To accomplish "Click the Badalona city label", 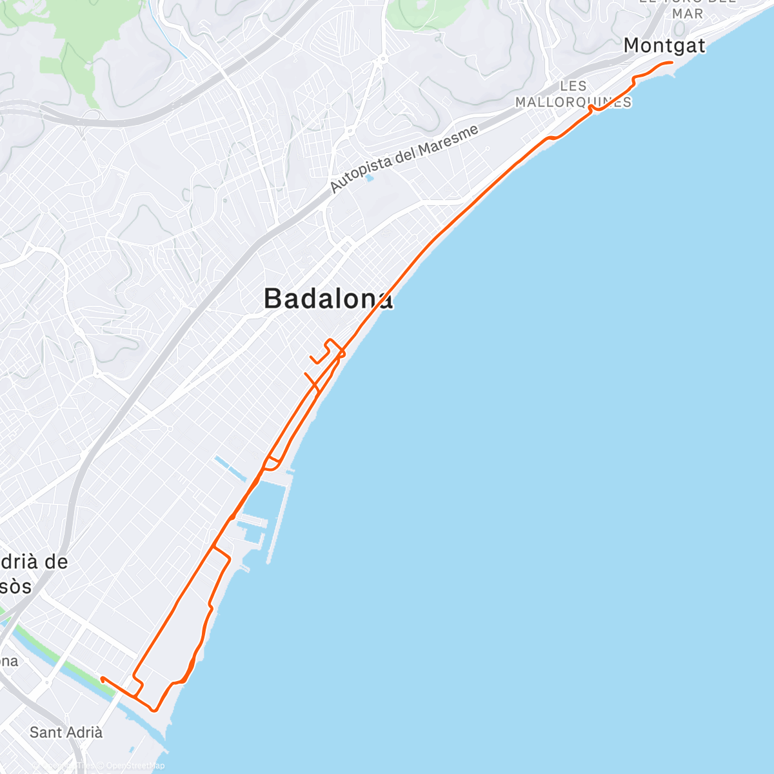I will pos(328,299).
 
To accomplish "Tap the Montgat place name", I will pos(664,46).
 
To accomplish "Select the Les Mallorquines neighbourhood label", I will pos(573,94).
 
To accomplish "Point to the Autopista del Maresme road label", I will pos(404,159).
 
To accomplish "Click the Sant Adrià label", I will pos(66,732).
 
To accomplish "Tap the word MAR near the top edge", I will pos(687,14).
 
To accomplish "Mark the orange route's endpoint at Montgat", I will pos(672,63).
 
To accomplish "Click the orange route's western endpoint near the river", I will pos(102,678).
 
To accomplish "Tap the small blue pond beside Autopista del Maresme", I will pos(370,177).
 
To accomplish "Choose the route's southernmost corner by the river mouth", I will pos(154,710).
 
